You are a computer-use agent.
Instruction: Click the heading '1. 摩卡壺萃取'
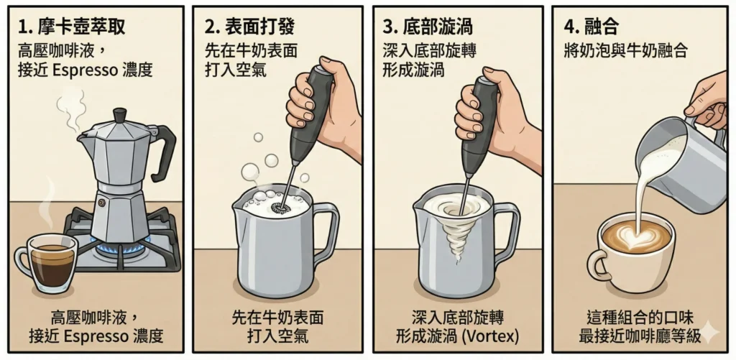click(x=71, y=27)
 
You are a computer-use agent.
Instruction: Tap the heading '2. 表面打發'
click(x=249, y=27)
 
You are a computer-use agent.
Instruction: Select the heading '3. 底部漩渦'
click(x=427, y=27)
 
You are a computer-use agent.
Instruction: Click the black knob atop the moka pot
click(x=120, y=114)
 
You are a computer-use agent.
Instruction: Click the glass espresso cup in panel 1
click(x=47, y=263)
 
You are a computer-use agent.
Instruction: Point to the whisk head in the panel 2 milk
click(x=280, y=206)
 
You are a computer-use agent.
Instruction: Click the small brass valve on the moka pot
click(x=101, y=203)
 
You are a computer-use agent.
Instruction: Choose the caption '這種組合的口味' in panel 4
click(x=640, y=318)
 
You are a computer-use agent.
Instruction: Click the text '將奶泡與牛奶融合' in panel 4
click(x=625, y=50)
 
